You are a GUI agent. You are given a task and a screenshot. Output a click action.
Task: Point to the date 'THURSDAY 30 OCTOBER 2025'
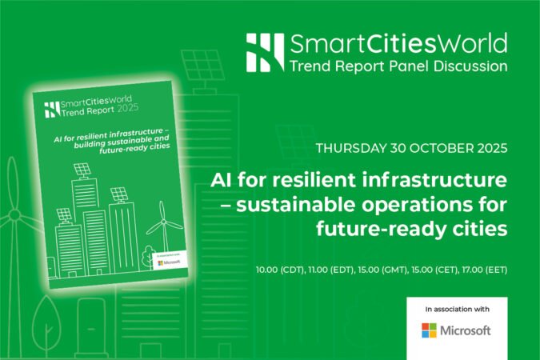[411, 149]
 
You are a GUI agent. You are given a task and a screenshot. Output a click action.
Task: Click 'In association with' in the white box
[455, 308]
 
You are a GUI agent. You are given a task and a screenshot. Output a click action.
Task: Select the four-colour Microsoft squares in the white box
[429, 330]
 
